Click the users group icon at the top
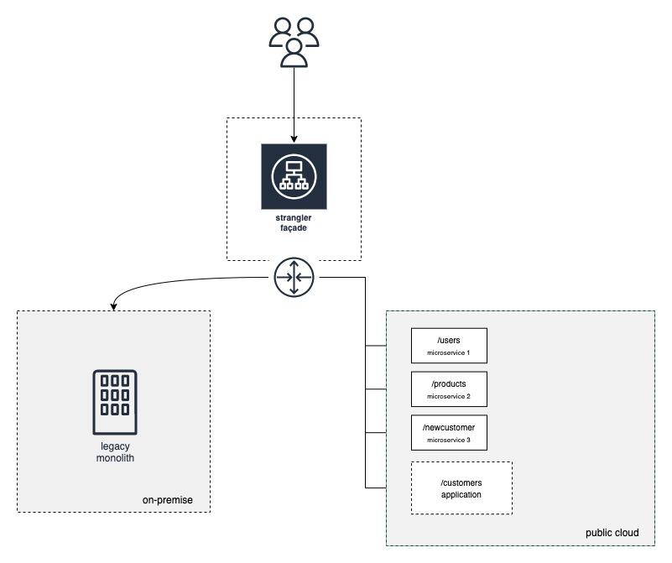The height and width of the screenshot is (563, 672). coord(293,42)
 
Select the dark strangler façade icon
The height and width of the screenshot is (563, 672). coord(294,176)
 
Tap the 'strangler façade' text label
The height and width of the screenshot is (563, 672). coord(294,224)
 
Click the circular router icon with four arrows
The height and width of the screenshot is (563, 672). coord(294,277)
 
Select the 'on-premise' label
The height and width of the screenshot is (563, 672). coord(167,500)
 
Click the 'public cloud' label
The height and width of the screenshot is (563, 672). coord(612,533)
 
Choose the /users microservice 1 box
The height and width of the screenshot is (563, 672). coord(449,345)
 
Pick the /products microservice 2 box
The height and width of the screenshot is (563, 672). coord(449,388)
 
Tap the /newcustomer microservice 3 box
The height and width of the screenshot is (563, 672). coord(449,432)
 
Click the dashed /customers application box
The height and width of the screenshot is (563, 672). coord(461,487)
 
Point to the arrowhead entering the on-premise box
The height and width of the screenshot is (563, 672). coord(112,305)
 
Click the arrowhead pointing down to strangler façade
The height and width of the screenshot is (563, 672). coord(294,138)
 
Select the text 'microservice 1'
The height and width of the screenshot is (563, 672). coord(449,352)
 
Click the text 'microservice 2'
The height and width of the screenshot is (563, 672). coord(449,396)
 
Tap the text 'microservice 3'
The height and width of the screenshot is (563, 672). coord(449,440)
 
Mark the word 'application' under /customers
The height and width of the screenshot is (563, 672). coord(461,495)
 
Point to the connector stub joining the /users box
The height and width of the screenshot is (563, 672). coord(388,345)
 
